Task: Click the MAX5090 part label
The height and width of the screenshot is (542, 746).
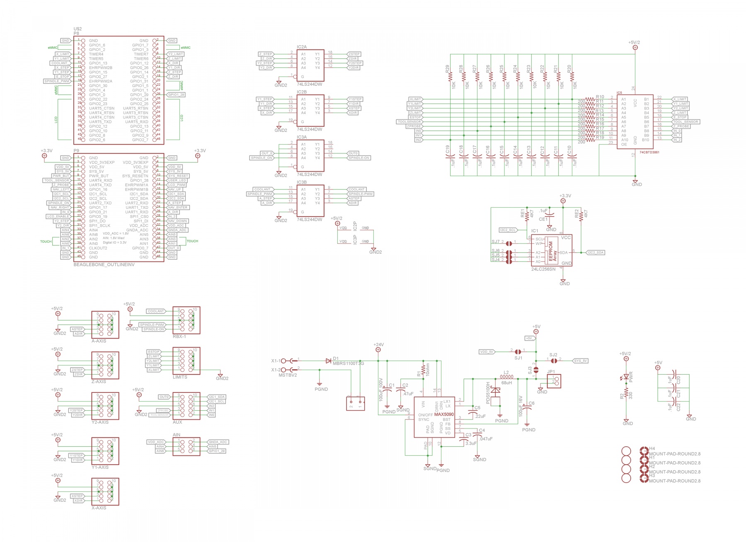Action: [444, 414]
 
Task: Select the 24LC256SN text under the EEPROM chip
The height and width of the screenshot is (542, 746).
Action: [543, 269]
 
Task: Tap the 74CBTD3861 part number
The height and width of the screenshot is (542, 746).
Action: [649, 152]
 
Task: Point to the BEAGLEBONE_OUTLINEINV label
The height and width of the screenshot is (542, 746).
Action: [104, 264]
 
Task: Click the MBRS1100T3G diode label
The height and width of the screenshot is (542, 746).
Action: [348, 363]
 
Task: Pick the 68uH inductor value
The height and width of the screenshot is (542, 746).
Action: [506, 383]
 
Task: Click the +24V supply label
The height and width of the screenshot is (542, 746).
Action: [378, 345]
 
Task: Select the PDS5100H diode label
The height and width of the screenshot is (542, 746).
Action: [488, 393]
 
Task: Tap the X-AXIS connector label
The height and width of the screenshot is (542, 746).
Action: [99, 508]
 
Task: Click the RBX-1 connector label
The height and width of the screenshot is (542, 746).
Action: [179, 336]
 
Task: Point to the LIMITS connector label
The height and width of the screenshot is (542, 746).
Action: [180, 377]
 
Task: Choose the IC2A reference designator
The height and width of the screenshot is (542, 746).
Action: [301, 47]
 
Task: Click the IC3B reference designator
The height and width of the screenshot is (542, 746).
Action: [301, 182]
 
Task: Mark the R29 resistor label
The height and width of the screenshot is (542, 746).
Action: [447, 69]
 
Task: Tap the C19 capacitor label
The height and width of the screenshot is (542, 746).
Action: [447, 149]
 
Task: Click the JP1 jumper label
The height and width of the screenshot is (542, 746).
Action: [551, 372]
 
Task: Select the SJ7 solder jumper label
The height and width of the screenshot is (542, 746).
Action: [495, 242]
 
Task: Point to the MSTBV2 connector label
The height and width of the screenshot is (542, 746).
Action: [288, 375]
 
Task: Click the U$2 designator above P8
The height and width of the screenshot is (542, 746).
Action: [78, 29]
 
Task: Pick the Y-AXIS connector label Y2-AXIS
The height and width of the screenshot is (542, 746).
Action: [100, 422]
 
